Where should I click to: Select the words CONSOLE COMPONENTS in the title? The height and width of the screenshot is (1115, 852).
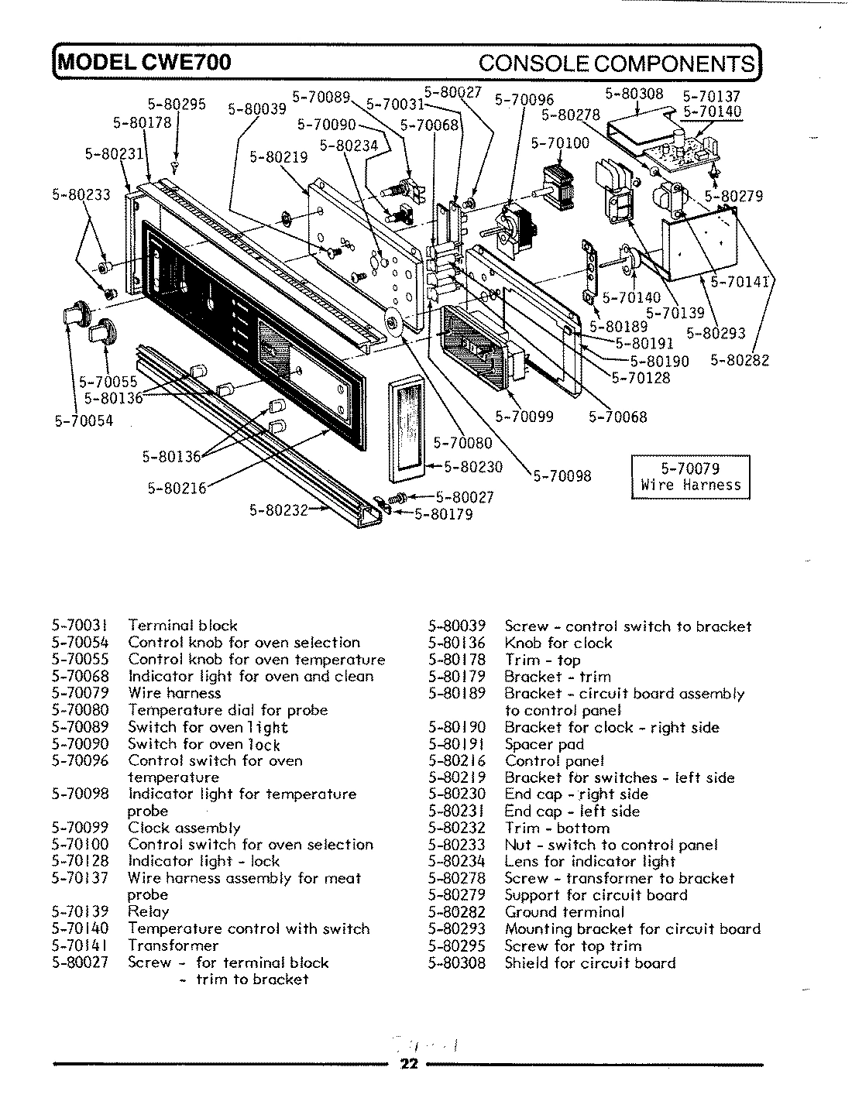617,63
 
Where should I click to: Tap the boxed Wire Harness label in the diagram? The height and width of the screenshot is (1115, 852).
690,478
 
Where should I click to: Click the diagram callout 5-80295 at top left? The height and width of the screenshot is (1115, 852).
177,105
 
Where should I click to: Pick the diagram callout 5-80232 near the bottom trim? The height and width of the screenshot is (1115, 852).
278,509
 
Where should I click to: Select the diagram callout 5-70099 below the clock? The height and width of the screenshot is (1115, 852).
524,417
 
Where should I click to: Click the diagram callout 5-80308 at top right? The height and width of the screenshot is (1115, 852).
634,94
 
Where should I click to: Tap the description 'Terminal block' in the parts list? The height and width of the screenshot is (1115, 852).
183,626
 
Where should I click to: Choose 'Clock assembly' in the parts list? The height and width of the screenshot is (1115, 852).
184,828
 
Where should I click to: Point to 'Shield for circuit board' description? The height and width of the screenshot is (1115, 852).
590,963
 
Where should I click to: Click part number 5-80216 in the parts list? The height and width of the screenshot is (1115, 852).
456,761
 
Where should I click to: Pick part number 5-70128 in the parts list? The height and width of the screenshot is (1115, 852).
80,861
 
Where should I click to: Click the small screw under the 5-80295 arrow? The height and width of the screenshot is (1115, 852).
177,165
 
